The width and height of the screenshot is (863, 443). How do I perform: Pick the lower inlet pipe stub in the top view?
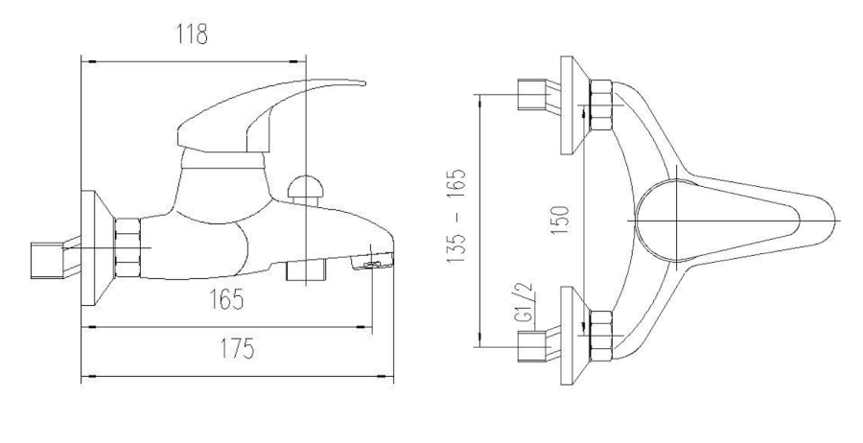[x=530, y=344]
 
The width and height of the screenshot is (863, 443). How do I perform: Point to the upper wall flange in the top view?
[x=571, y=103]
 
